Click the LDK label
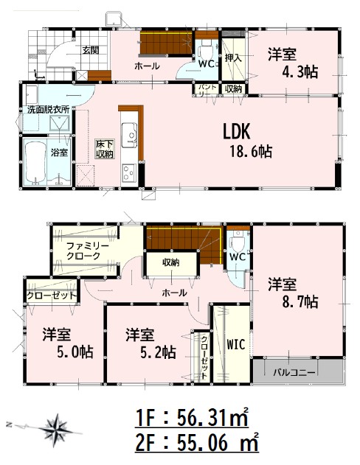pos(237,131)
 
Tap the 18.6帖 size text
pos(251,152)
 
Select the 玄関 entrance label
pos(91,50)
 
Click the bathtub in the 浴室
pos(35,163)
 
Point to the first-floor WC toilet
pos(206,51)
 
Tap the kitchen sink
pos(129,135)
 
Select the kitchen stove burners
pos(129,172)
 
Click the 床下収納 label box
pos(105,149)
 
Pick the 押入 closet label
pos(233,57)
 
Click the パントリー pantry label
pos(205,90)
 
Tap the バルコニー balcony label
pos(294,372)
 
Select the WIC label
pos(236,345)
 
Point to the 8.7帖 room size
pos(300,302)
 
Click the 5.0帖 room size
pos(75,352)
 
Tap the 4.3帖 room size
pos(300,71)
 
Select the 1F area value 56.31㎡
pos(212,418)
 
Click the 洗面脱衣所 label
pos(49,109)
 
